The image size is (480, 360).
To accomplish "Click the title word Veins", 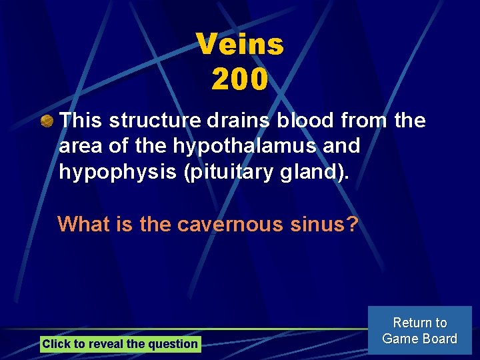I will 240,45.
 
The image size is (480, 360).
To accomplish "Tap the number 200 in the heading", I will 240,80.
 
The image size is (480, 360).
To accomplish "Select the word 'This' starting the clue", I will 81,121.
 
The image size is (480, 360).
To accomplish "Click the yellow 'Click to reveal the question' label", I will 120,344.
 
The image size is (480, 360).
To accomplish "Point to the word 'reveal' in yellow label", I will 105,344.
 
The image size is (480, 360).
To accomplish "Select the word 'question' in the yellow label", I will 175,344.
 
